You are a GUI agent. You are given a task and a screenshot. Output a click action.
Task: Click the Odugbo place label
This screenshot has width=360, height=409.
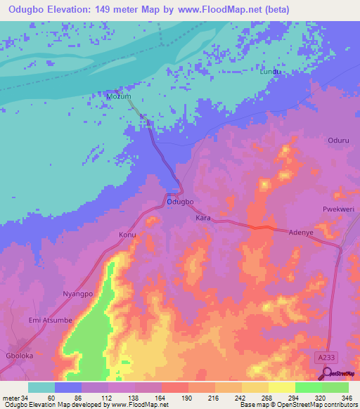[x=180, y=202]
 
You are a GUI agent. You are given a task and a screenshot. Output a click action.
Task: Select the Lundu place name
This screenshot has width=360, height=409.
[x=271, y=72]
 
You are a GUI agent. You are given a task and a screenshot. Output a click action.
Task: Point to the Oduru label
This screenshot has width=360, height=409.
[x=338, y=140]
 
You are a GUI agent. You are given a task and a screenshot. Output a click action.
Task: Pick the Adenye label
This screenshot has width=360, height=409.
[x=301, y=231]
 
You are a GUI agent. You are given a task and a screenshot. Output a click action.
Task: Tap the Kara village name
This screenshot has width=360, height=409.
[x=203, y=219]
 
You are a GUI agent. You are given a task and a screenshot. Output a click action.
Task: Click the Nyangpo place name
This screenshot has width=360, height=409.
[x=78, y=294]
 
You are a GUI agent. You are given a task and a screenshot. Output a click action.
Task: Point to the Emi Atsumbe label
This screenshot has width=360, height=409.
[x=50, y=320]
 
